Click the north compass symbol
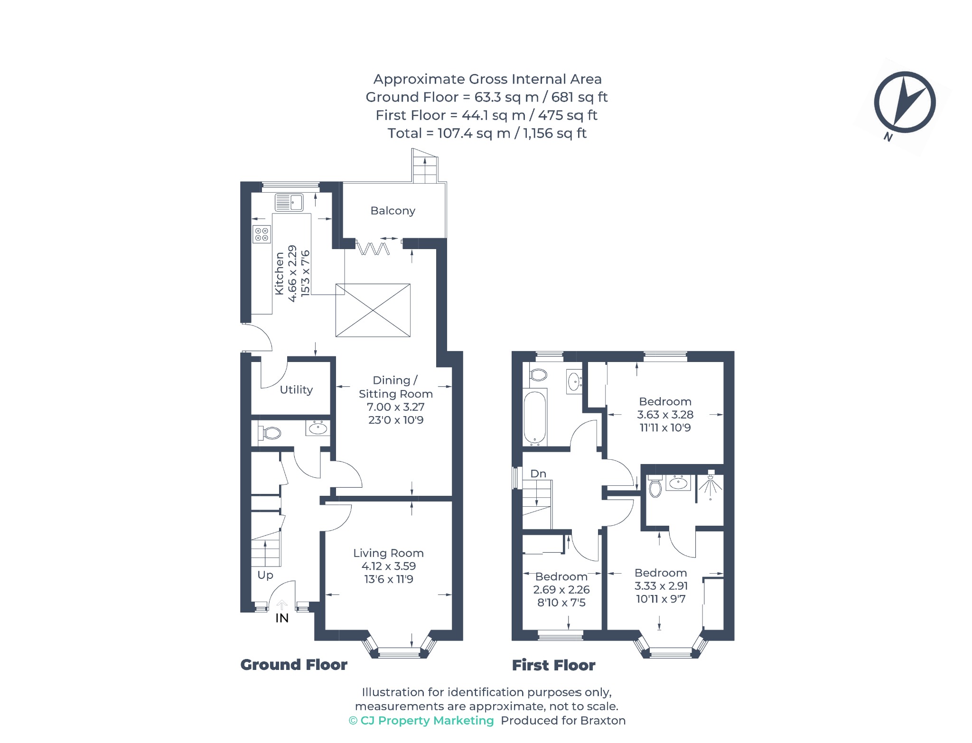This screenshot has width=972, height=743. tap(905, 102)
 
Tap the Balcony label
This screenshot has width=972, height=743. tap(393, 211)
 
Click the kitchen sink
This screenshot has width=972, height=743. tap(289, 203)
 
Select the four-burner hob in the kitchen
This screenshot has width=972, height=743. tap(262, 234)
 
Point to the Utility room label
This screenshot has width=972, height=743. tap(296, 390)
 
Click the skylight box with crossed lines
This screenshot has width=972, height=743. tap(373, 310)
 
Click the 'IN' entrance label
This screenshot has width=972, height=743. tap(282, 618)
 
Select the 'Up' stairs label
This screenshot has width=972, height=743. tap(265, 575)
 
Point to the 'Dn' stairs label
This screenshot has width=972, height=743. tap(538, 474)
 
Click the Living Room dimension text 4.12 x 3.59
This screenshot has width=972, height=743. tap(389, 566)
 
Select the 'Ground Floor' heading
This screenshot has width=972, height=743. tap(294, 665)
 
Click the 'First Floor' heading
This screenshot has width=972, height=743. tap(553, 665)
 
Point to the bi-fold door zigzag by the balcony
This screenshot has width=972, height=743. tap(373, 248)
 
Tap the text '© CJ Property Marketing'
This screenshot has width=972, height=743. tap(421, 720)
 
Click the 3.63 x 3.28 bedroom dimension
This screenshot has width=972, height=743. tap(665, 415)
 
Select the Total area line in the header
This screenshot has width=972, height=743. tap(487, 133)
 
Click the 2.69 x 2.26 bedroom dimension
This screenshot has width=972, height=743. tap(561, 590)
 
